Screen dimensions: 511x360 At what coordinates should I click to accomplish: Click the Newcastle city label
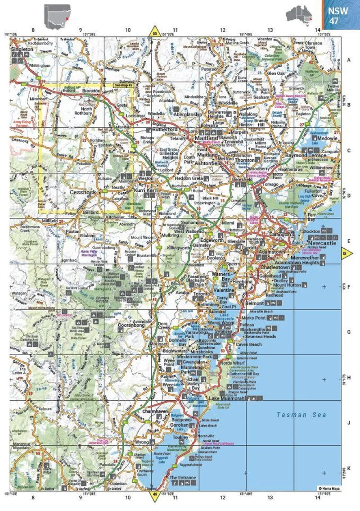click(322, 243)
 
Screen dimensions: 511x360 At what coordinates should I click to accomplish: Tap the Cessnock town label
click(84, 192)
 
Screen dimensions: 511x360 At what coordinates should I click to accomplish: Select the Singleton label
click(22, 49)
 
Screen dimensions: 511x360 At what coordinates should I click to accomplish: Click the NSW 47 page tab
click(341, 15)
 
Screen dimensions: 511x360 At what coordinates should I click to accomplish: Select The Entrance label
click(182, 478)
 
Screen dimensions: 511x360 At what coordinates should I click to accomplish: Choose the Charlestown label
click(275, 267)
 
